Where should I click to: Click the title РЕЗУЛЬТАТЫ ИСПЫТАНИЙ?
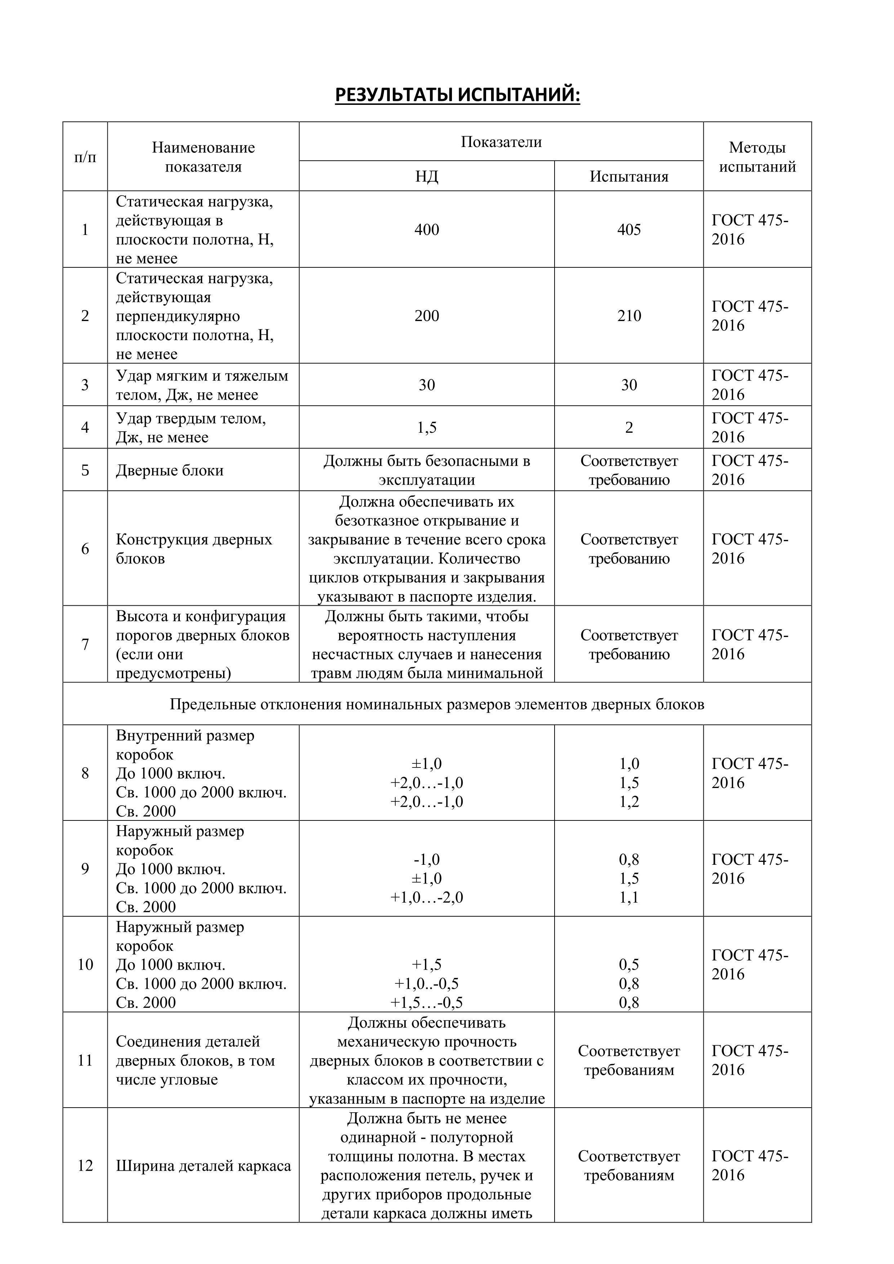458,95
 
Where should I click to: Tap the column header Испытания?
629,177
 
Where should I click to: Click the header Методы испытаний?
757,157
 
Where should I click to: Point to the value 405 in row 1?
629,230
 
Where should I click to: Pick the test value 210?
629,316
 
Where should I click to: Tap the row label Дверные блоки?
170,471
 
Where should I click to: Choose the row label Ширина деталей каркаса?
203,1166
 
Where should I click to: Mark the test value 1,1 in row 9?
629,898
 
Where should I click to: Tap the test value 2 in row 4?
629,428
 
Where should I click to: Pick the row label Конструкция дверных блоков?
194,549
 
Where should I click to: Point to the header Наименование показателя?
203,157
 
